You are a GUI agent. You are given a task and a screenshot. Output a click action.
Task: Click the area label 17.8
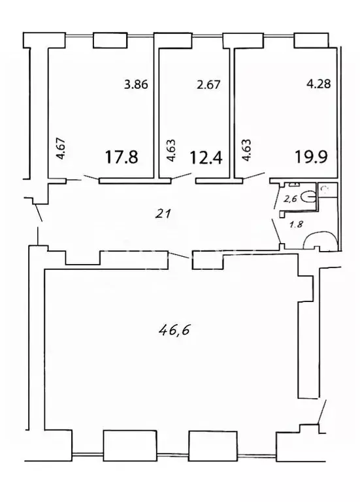(x=122, y=158)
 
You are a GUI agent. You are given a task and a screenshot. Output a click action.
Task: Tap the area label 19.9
(x=311, y=158)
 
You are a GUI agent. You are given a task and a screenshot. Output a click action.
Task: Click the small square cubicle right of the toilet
(x=325, y=191)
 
